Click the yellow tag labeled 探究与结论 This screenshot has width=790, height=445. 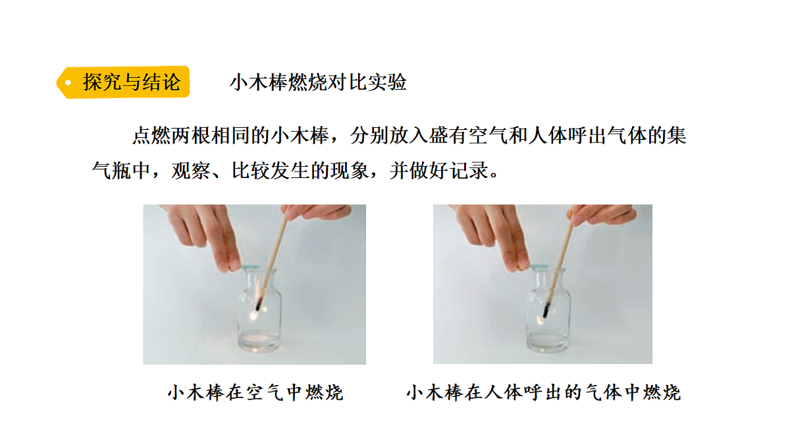tap(124, 82)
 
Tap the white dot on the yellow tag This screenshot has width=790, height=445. tap(68, 82)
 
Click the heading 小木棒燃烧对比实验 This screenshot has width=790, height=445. tap(318, 82)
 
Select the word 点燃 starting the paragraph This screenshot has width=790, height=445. tap(151, 136)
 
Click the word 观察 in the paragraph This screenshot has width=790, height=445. tap(191, 171)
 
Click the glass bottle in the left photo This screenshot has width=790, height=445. tap(259, 310)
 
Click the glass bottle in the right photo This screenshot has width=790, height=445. tap(548, 310)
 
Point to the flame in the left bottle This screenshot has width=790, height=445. tap(254, 315)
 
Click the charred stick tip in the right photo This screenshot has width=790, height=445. tap(546, 310)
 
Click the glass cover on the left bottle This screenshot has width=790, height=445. tap(250, 268)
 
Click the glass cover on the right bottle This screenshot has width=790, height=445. tap(539, 266)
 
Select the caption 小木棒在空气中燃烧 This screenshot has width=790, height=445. tap(255, 392)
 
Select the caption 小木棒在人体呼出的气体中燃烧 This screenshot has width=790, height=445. tap(544, 392)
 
